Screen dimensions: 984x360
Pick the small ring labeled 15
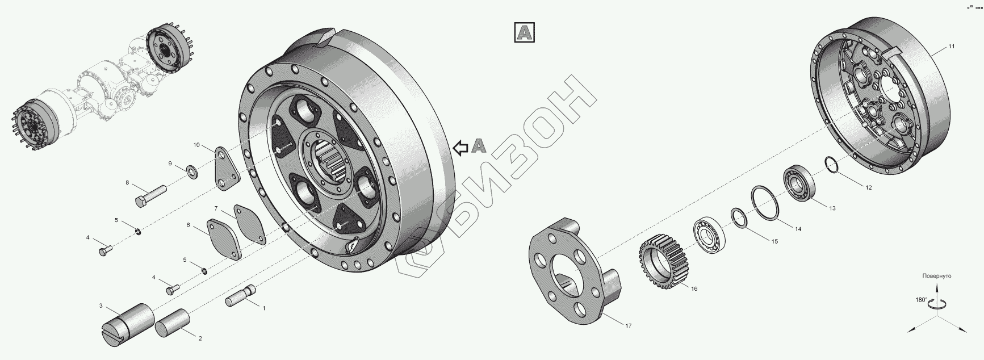click(x=738, y=217)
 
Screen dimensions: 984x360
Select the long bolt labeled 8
click(x=149, y=194)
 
